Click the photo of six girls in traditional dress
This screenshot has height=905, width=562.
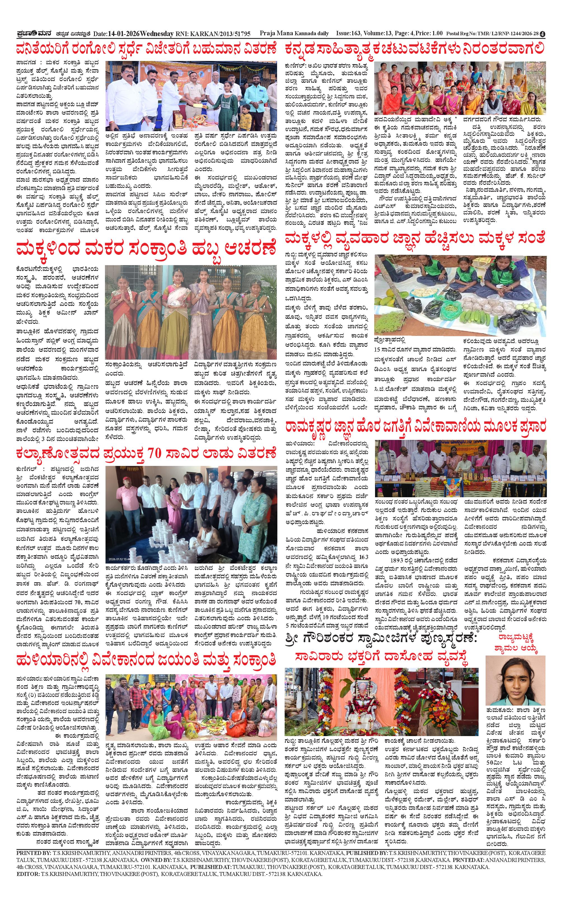191,312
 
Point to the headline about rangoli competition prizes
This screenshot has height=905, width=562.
146,50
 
